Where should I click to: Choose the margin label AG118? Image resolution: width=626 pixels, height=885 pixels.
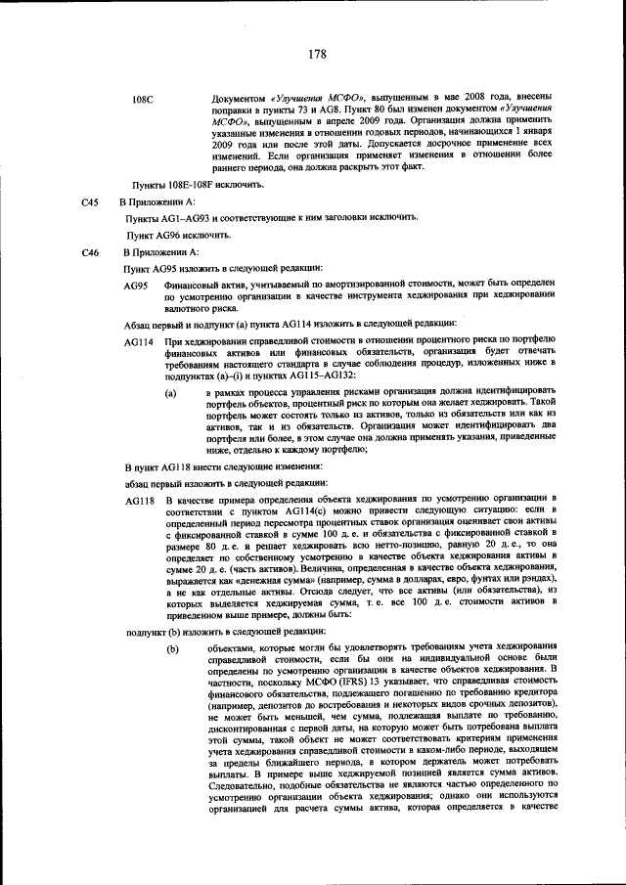pos(139,499)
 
